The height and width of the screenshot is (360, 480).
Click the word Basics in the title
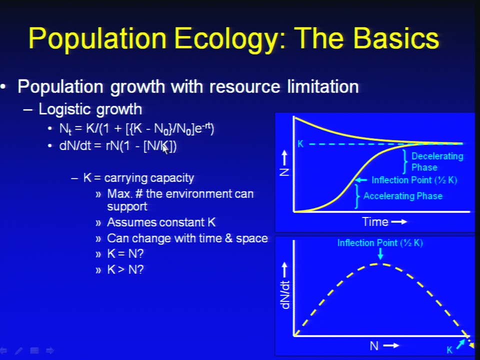(x=396, y=38)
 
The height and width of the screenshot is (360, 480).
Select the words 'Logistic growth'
(x=90, y=109)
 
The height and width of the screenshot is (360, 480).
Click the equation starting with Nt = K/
(x=136, y=128)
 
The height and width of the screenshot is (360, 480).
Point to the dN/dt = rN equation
(x=118, y=146)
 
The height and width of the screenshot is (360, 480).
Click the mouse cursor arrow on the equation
(x=165, y=149)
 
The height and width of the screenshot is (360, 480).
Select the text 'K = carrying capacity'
(x=138, y=178)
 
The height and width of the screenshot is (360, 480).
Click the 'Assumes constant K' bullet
(x=161, y=222)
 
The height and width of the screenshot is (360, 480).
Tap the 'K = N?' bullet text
(x=125, y=254)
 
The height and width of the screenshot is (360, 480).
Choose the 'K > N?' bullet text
(x=125, y=269)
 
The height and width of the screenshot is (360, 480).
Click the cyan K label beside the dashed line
(x=300, y=144)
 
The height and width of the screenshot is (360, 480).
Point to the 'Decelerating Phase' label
(x=437, y=161)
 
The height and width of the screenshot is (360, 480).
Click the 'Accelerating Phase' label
(x=403, y=196)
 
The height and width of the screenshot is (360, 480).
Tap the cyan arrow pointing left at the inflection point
(x=360, y=180)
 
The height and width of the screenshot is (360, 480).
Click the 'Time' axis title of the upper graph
(x=375, y=221)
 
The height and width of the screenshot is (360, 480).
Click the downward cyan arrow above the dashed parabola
(x=380, y=254)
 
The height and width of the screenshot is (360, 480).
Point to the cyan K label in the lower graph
(x=449, y=350)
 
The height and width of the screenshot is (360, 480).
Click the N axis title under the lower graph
(x=374, y=346)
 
